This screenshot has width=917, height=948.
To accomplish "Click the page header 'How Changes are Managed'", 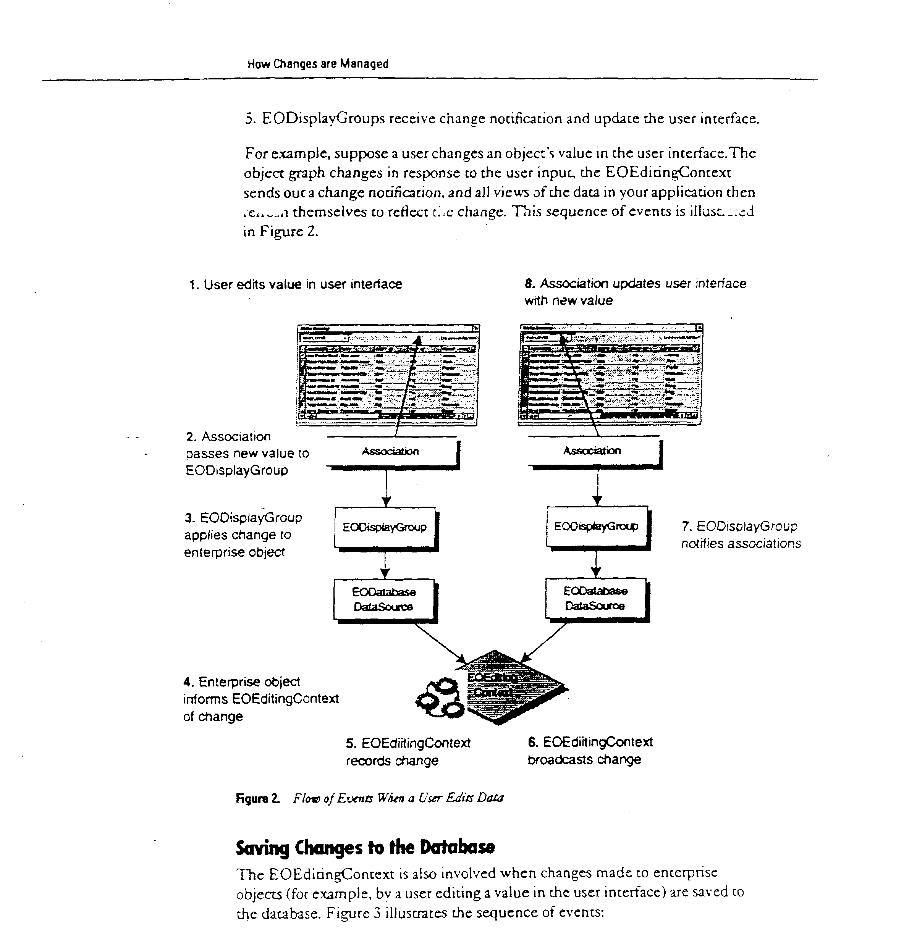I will tap(317, 64).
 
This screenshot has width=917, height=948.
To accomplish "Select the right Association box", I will tap(593, 451).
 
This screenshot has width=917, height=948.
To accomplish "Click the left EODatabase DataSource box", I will tap(384, 600).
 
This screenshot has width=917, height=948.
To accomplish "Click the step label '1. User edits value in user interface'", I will tap(295, 284).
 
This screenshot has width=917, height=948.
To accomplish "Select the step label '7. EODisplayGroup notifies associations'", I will tap(741, 535).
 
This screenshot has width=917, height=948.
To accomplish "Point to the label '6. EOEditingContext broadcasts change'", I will tap(589, 751).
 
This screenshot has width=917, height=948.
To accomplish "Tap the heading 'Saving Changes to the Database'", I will tap(365, 847).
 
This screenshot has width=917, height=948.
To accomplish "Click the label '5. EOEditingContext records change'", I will tap(408, 752).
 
